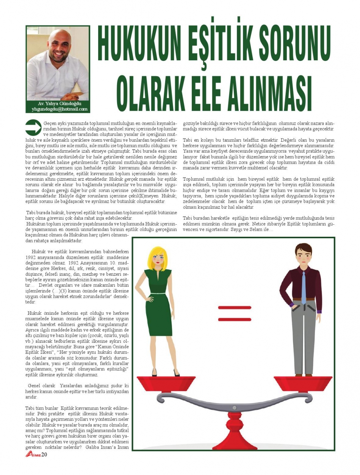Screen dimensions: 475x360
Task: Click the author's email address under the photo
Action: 59,109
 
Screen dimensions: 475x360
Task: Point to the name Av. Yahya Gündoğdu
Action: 59,103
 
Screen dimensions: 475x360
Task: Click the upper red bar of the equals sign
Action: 235,308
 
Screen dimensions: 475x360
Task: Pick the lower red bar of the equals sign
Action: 235,319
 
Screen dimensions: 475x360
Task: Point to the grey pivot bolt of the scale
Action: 235,408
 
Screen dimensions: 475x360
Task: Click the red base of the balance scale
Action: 235,436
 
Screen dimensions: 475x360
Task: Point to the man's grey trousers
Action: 304,333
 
